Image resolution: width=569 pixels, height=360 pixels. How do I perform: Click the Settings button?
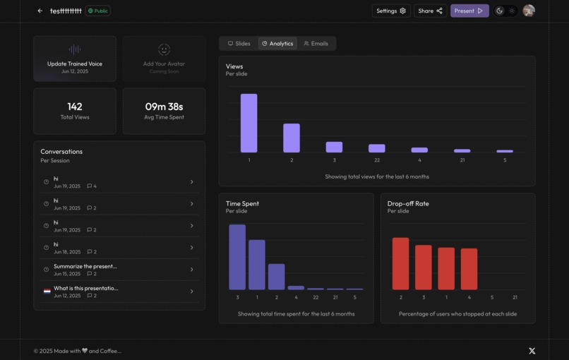point(390,11)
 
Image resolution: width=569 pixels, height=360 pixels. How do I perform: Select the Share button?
point(430,11)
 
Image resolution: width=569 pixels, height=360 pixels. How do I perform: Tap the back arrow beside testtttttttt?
point(40,11)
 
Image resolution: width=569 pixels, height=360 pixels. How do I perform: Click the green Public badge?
point(98,11)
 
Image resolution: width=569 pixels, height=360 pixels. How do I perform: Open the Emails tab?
point(316,44)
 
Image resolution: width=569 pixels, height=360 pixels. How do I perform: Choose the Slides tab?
point(239,44)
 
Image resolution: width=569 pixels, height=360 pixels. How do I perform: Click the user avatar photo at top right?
point(528,11)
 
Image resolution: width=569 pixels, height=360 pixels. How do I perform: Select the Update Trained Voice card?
point(75,59)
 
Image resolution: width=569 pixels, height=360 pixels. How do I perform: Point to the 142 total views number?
point(75,107)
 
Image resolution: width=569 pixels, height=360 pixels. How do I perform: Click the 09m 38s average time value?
point(164,107)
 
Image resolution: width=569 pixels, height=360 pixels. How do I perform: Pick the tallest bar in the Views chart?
point(248,123)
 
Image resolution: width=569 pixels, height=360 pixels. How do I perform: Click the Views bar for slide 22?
point(377,148)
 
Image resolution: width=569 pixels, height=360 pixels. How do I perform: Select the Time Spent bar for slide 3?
point(237,257)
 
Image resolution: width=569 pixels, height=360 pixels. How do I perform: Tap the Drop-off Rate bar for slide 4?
point(469,269)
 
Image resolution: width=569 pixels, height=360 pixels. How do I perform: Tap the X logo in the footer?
point(532,351)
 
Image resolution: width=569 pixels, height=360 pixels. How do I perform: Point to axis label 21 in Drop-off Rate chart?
point(515,297)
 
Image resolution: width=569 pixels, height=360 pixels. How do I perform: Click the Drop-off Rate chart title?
point(408,203)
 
